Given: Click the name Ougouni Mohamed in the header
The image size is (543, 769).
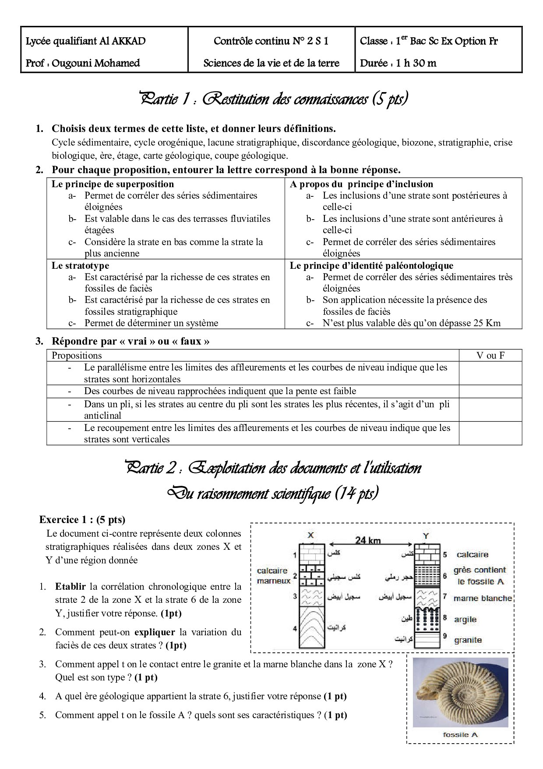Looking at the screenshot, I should pos(95,63).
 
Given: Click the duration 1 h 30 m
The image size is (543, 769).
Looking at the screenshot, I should pos(416,63).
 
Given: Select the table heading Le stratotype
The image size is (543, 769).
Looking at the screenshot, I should pos(80,265).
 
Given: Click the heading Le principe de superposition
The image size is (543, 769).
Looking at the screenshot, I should pos(113,184).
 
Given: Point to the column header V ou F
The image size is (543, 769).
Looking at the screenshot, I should pos(490,356).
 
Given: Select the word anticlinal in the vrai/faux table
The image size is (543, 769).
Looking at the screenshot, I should pos(102,416).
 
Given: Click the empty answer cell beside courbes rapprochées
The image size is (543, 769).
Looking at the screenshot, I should pos(490,391).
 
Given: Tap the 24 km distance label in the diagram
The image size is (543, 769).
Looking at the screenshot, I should pos(368,540).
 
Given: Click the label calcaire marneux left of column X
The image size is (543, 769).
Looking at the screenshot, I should pos(274,576).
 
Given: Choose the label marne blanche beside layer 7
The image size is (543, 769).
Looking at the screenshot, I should pos(482,598).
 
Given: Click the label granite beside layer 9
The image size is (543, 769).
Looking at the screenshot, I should pos(468,640).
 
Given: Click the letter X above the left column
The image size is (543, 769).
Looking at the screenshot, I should pos(311,535).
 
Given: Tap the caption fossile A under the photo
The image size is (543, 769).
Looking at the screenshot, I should pos(460,735).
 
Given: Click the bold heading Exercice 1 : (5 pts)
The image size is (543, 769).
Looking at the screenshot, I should pos(82,520).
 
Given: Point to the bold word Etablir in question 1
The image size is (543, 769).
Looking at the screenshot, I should pos(71,586).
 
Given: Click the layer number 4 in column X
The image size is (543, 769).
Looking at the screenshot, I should pos(295,628).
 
